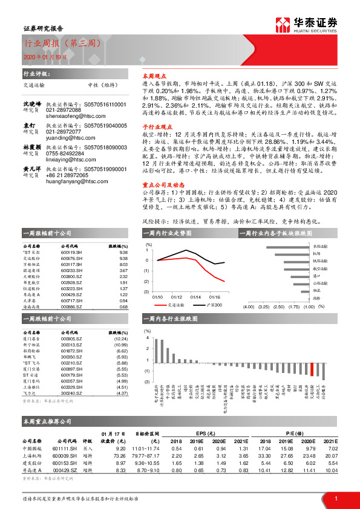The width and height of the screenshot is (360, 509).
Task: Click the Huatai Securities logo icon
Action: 282,25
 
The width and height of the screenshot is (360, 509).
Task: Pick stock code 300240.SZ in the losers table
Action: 71,394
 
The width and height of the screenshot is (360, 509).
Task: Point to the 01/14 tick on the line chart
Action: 195,297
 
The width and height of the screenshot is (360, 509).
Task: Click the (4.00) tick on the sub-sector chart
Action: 248,307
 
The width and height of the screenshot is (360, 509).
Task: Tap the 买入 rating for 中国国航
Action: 87,449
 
